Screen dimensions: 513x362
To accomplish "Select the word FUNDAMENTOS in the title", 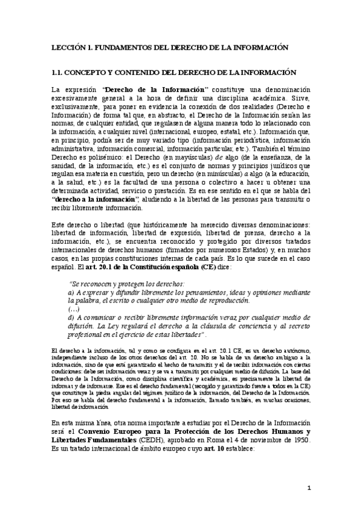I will point(123,46).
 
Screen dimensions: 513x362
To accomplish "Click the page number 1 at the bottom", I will point(308,487).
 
